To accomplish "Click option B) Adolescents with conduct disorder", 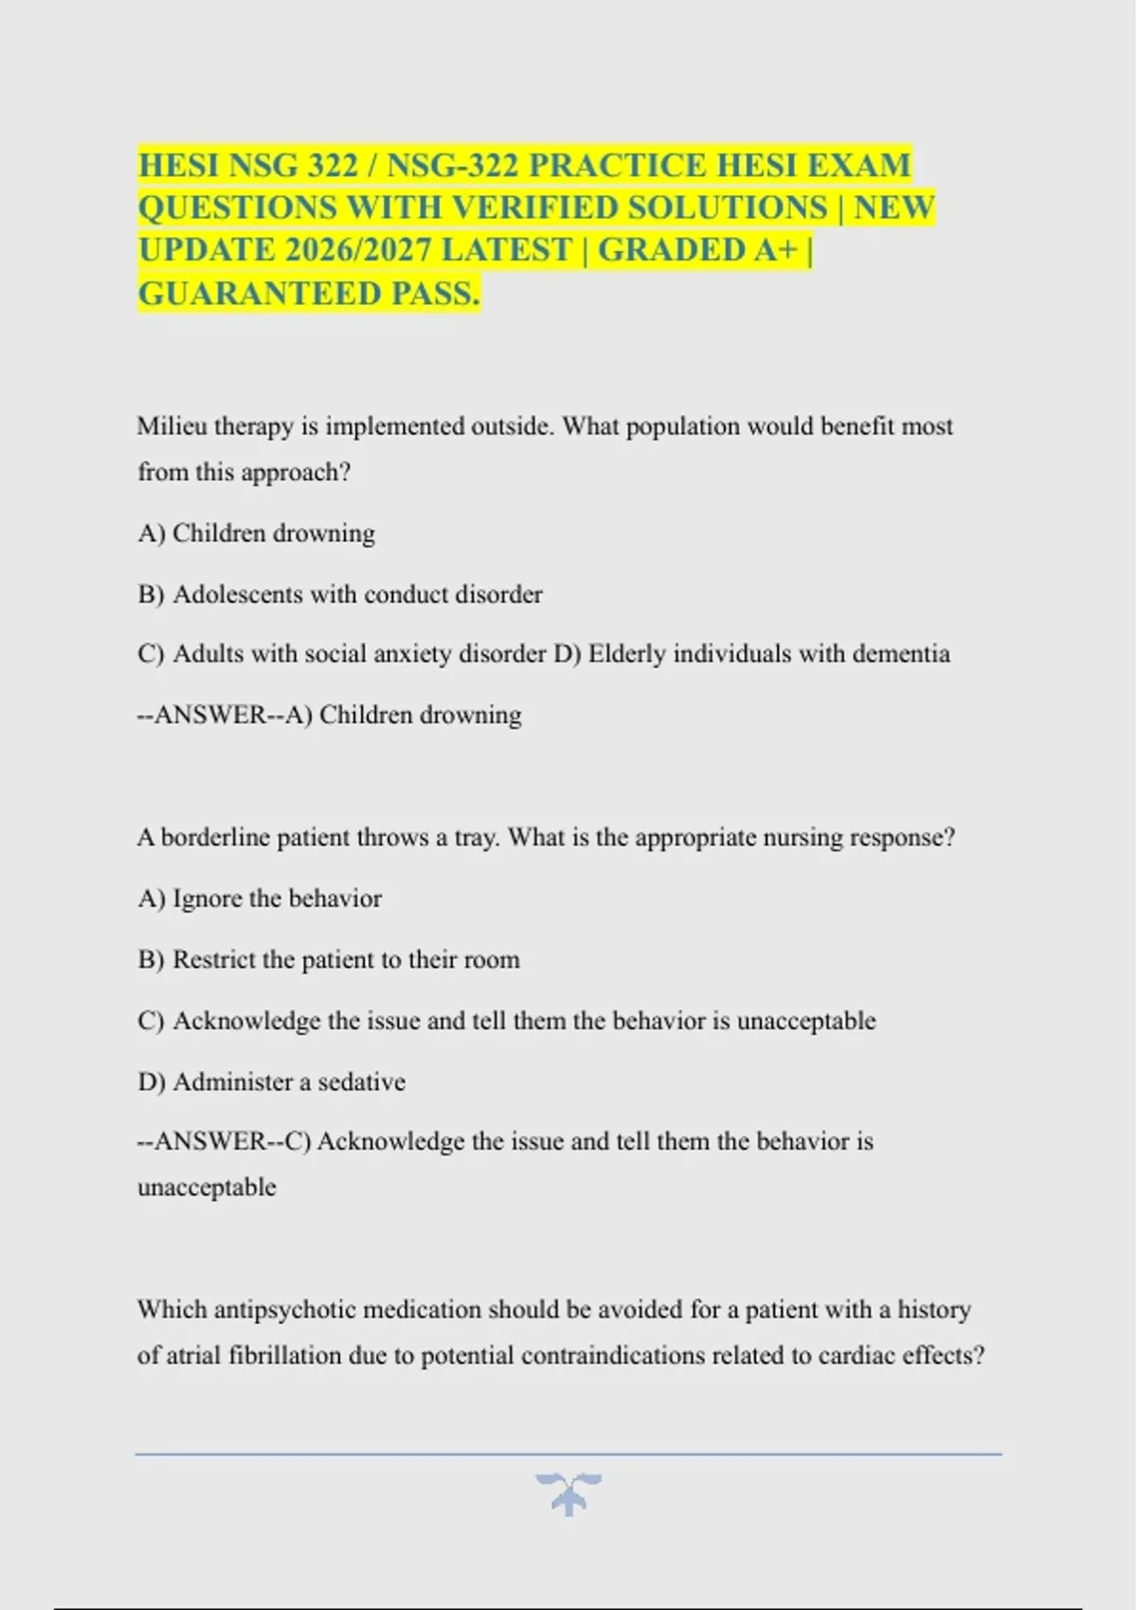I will pyautogui.click(x=340, y=595).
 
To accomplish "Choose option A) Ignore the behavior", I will pyautogui.click(x=260, y=898).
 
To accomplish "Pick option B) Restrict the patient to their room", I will pyautogui.click(x=329, y=959).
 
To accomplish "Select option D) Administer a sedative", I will pyautogui.click(x=272, y=1082).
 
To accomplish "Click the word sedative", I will pyautogui.click(x=361, y=1082).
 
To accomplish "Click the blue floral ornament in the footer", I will pyautogui.click(x=568, y=1494).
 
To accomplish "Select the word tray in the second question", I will pyautogui.click(x=477, y=837).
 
